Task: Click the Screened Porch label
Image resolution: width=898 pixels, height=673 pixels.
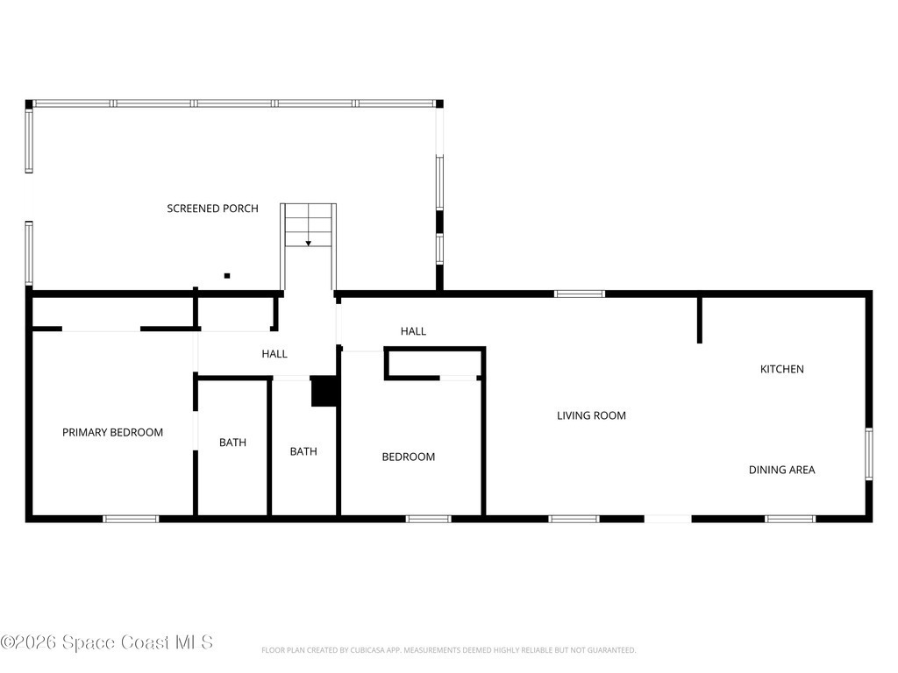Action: pos(212,209)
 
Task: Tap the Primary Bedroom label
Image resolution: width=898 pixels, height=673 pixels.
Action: pos(113,432)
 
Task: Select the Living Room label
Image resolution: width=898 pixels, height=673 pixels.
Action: pos(591,415)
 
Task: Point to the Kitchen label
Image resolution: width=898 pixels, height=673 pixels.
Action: pos(781,369)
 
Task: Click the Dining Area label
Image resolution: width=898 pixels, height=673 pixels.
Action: pos(781,470)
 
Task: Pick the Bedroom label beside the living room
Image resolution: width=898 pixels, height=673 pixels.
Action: pos(409,457)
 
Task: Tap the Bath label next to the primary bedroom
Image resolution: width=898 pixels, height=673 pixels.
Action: pos(232,443)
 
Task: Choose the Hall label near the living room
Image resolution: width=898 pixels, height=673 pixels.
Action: pos(413,330)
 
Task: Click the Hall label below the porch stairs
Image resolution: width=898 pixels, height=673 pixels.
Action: pos(274,354)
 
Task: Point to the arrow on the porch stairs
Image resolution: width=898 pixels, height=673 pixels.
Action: pos(308,244)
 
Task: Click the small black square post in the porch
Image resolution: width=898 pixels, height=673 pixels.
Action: pos(227,276)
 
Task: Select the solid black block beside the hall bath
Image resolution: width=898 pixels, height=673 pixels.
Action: pos(324,392)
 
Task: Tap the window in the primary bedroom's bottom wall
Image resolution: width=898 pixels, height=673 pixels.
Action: pos(131,519)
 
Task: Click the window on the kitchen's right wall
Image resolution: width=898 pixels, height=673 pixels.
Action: pos(869,454)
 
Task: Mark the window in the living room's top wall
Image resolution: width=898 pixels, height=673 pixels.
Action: pos(580,294)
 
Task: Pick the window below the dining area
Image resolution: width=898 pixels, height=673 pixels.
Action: pos(790,519)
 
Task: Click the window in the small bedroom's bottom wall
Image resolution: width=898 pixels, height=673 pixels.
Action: pos(428,519)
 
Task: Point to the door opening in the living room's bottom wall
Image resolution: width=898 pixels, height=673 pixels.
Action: pos(667,519)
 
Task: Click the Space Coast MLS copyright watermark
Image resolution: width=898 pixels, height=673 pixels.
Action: pos(106,642)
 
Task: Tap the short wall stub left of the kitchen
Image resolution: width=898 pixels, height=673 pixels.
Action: pos(699,319)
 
